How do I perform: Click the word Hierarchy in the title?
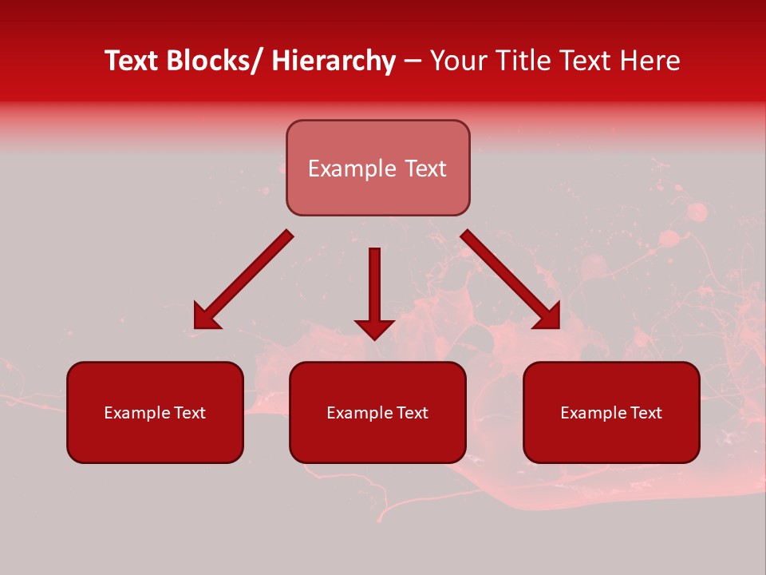(334, 61)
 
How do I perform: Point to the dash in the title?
(413, 62)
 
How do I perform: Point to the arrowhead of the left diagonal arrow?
(205, 318)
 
